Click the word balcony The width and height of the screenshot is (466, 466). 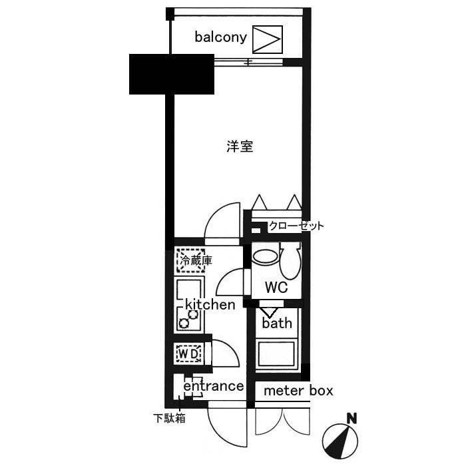tap(221, 37)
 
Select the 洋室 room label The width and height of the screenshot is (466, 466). tap(240, 146)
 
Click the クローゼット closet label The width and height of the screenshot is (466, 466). tap(296, 226)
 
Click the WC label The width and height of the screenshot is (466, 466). tap(276, 288)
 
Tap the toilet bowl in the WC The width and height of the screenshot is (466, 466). tap(290, 262)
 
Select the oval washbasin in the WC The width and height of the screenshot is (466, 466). tap(266, 257)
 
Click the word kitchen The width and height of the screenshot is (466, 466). tap(210, 305)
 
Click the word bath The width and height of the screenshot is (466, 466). tap(277, 324)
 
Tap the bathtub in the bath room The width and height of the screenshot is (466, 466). tap(277, 353)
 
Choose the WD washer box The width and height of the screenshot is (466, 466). tap(188, 353)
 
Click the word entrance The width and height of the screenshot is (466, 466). tap(213, 386)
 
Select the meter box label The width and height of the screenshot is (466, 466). tap(298, 391)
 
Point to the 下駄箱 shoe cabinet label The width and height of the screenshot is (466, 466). tap(169, 419)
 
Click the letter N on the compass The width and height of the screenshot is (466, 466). tap(351, 419)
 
